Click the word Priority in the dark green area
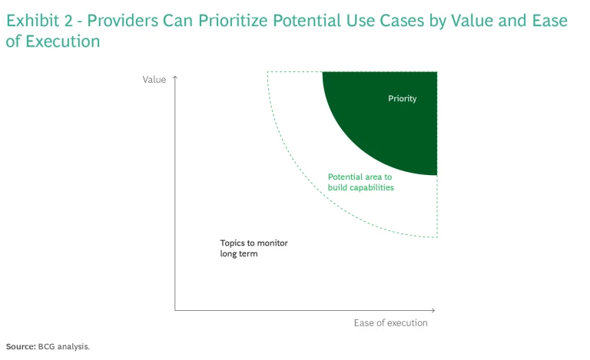coord(403,99)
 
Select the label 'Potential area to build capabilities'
coord(361,182)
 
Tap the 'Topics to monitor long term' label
coord(254,249)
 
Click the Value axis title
coord(154,80)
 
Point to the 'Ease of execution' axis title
coord(390,323)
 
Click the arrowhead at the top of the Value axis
coord(175,77)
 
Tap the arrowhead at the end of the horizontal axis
coord(433,310)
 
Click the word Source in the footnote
coord(21,346)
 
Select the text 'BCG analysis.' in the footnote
coord(64,346)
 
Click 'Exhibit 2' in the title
coord(39,21)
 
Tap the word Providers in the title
coord(123,21)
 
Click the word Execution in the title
coord(62,41)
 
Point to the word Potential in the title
coord(307,21)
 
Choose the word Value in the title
coord(472,21)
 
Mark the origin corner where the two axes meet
coord(175,310)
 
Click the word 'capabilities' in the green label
coord(372,187)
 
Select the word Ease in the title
coord(550,21)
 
